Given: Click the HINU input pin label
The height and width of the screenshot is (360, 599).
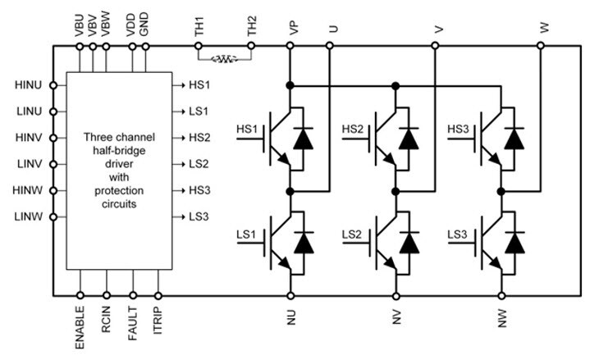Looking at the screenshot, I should click(29, 84).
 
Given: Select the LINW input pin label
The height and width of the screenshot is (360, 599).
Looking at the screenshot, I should click(29, 217).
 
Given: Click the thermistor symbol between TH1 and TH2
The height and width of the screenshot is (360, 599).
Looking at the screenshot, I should click(224, 59).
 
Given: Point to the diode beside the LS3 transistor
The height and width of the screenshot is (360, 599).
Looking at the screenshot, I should click(514, 244).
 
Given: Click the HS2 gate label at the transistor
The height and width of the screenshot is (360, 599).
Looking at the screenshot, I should click(353, 130).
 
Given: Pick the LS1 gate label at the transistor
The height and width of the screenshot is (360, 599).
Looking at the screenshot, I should click(247, 235).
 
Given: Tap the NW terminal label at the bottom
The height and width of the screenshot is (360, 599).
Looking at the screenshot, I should click(502, 316).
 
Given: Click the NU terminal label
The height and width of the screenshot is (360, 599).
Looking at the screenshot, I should click(291, 316).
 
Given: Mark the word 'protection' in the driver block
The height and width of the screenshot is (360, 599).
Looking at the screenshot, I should click(118, 191).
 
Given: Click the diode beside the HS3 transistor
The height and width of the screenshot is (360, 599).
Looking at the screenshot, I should click(514, 138).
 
